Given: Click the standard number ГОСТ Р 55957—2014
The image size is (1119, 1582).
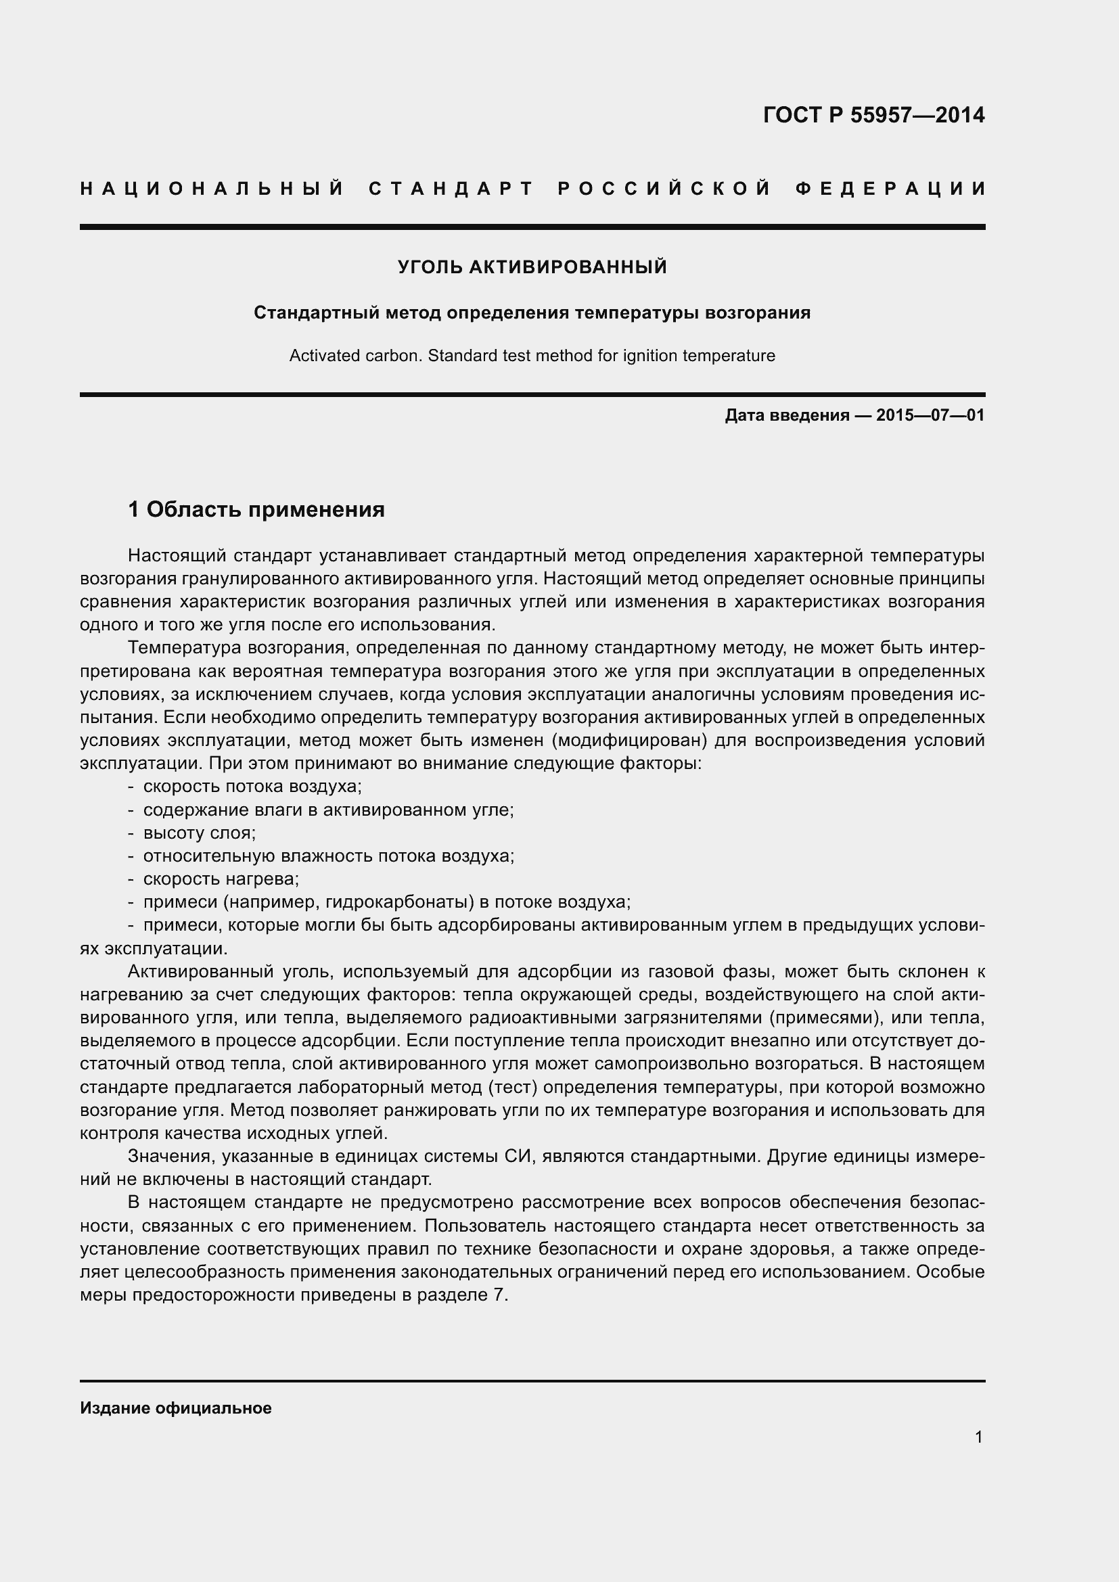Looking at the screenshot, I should (x=873, y=115).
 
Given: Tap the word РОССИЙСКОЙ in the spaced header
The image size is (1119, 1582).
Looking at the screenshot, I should (x=664, y=189).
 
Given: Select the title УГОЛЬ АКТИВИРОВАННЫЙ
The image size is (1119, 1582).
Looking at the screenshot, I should (x=532, y=267).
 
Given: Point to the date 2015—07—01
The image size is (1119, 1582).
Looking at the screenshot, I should (x=930, y=415).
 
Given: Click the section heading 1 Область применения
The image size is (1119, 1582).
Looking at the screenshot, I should (x=256, y=510).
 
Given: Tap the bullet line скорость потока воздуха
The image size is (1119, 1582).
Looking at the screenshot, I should (x=252, y=786).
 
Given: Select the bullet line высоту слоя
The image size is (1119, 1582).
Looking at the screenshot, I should (x=199, y=833).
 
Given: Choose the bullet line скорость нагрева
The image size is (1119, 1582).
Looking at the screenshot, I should (x=221, y=879).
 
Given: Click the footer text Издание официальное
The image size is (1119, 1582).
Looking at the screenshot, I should (x=176, y=1408).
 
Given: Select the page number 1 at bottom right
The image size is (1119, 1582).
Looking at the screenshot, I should (x=979, y=1437).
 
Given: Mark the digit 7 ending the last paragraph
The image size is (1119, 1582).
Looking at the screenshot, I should (x=500, y=1295).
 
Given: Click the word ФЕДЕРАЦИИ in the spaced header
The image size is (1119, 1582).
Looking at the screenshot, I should (x=891, y=189).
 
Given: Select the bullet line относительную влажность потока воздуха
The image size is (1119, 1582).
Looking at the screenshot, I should (x=329, y=856).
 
